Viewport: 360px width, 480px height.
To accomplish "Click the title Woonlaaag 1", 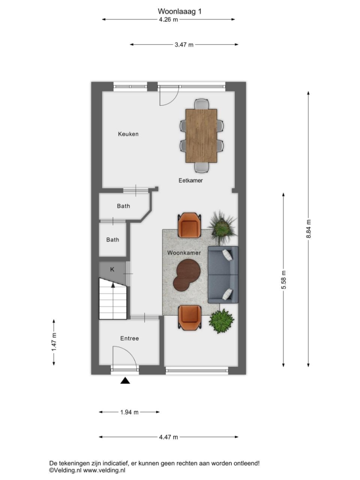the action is click(180, 11).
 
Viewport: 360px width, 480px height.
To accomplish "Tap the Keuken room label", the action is click(128, 134).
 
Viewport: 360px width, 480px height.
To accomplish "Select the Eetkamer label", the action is click(190, 180).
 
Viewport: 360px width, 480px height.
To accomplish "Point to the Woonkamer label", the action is click(184, 253).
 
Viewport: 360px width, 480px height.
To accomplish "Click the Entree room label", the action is click(129, 338).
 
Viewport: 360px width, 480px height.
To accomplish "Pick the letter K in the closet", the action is click(112, 269).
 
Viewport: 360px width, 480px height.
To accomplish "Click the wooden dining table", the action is click(201, 135).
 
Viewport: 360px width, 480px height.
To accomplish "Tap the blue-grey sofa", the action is click(223, 274).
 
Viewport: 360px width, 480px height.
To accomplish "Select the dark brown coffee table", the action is click(187, 274).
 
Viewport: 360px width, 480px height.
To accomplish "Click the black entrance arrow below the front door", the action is click(125, 381).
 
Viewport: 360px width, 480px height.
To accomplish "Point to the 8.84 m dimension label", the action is click(309, 229).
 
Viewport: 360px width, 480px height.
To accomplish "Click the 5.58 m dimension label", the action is click(284, 280).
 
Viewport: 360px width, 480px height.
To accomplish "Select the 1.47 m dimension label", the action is click(54, 342).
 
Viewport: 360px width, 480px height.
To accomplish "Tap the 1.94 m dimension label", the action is click(129, 412).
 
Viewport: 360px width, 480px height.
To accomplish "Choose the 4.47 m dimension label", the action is click(168, 437).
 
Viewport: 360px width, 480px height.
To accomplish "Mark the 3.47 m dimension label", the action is click(184, 45).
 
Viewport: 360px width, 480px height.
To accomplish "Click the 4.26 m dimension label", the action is click(168, 20).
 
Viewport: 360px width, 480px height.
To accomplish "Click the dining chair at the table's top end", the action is click(202, 104).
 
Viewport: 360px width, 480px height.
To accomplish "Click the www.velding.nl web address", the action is click(104, 470).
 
